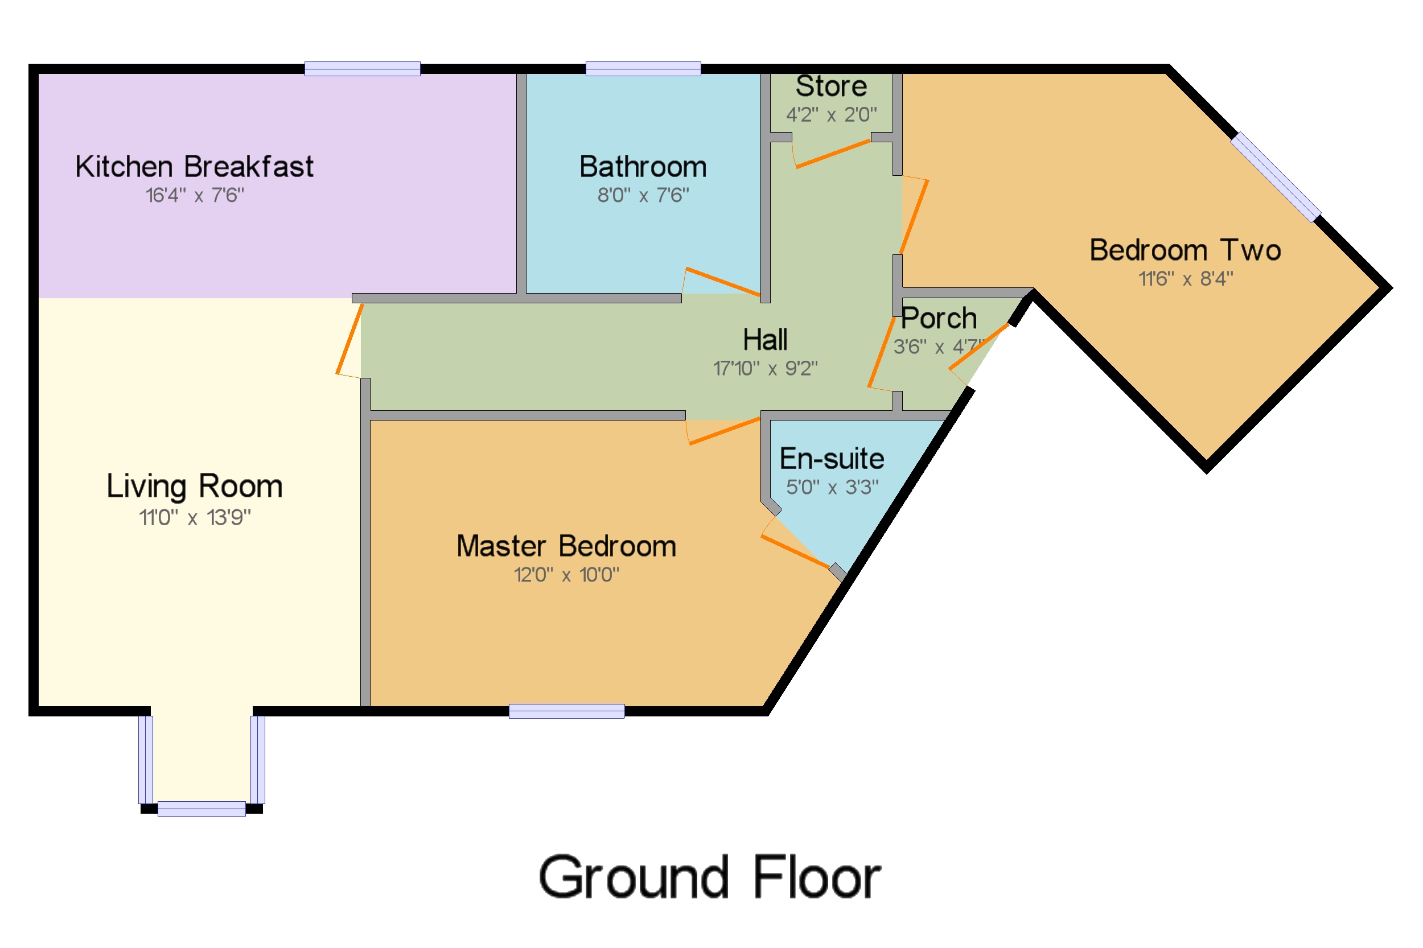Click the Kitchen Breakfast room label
(194, 167)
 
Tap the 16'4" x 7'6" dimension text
(194, 195)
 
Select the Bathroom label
(642, 167)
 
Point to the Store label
(831, 86)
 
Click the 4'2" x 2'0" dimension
(831, 114)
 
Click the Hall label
(764, 340)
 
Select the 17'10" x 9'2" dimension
(764, 368)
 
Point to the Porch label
(939, 319)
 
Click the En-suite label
(831, 459)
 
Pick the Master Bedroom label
(566, 546)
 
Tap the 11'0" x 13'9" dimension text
(194, 518)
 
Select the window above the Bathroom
(643, 69)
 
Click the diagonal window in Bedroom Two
(1275, 177)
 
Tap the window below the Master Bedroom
(566, 712)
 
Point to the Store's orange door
(832, 154)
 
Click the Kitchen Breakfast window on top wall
(362, 69)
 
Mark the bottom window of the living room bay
(201, 809)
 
